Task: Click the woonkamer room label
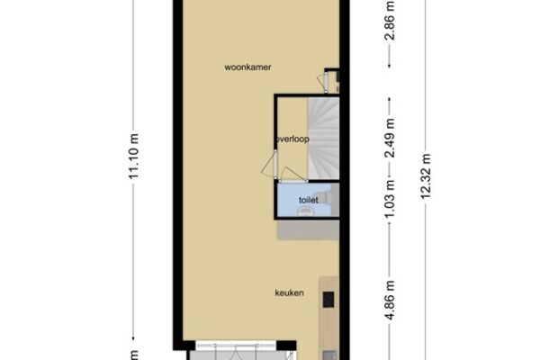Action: click(x=247, y=67)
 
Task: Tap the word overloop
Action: click(x=292, y=139)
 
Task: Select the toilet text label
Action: click(x=308, y=200)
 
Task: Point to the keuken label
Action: click(x=289, y=293)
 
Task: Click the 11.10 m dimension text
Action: click(x=133, y=156)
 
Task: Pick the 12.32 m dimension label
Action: click(x=426, y=176)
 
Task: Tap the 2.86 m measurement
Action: click(x=390, y=22)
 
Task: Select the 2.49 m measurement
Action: click(x=390, y=139)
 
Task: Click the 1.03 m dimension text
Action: click(x=390, y=200)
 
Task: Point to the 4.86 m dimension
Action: click(x=390, y=301)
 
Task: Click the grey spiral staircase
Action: click(x=323, y=139)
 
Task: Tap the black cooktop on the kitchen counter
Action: click(x=328, y=300)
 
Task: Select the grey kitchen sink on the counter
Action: click(x=330, y=355)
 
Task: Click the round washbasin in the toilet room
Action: click(x=305, y=211)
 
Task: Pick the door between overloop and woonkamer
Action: click(x=270, y=165)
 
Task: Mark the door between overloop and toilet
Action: click(x=292, y=175)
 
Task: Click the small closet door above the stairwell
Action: click(x=323, y=82)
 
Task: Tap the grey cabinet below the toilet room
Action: click(x=308, y=229)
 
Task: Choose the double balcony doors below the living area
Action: click(x=236, y=352)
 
